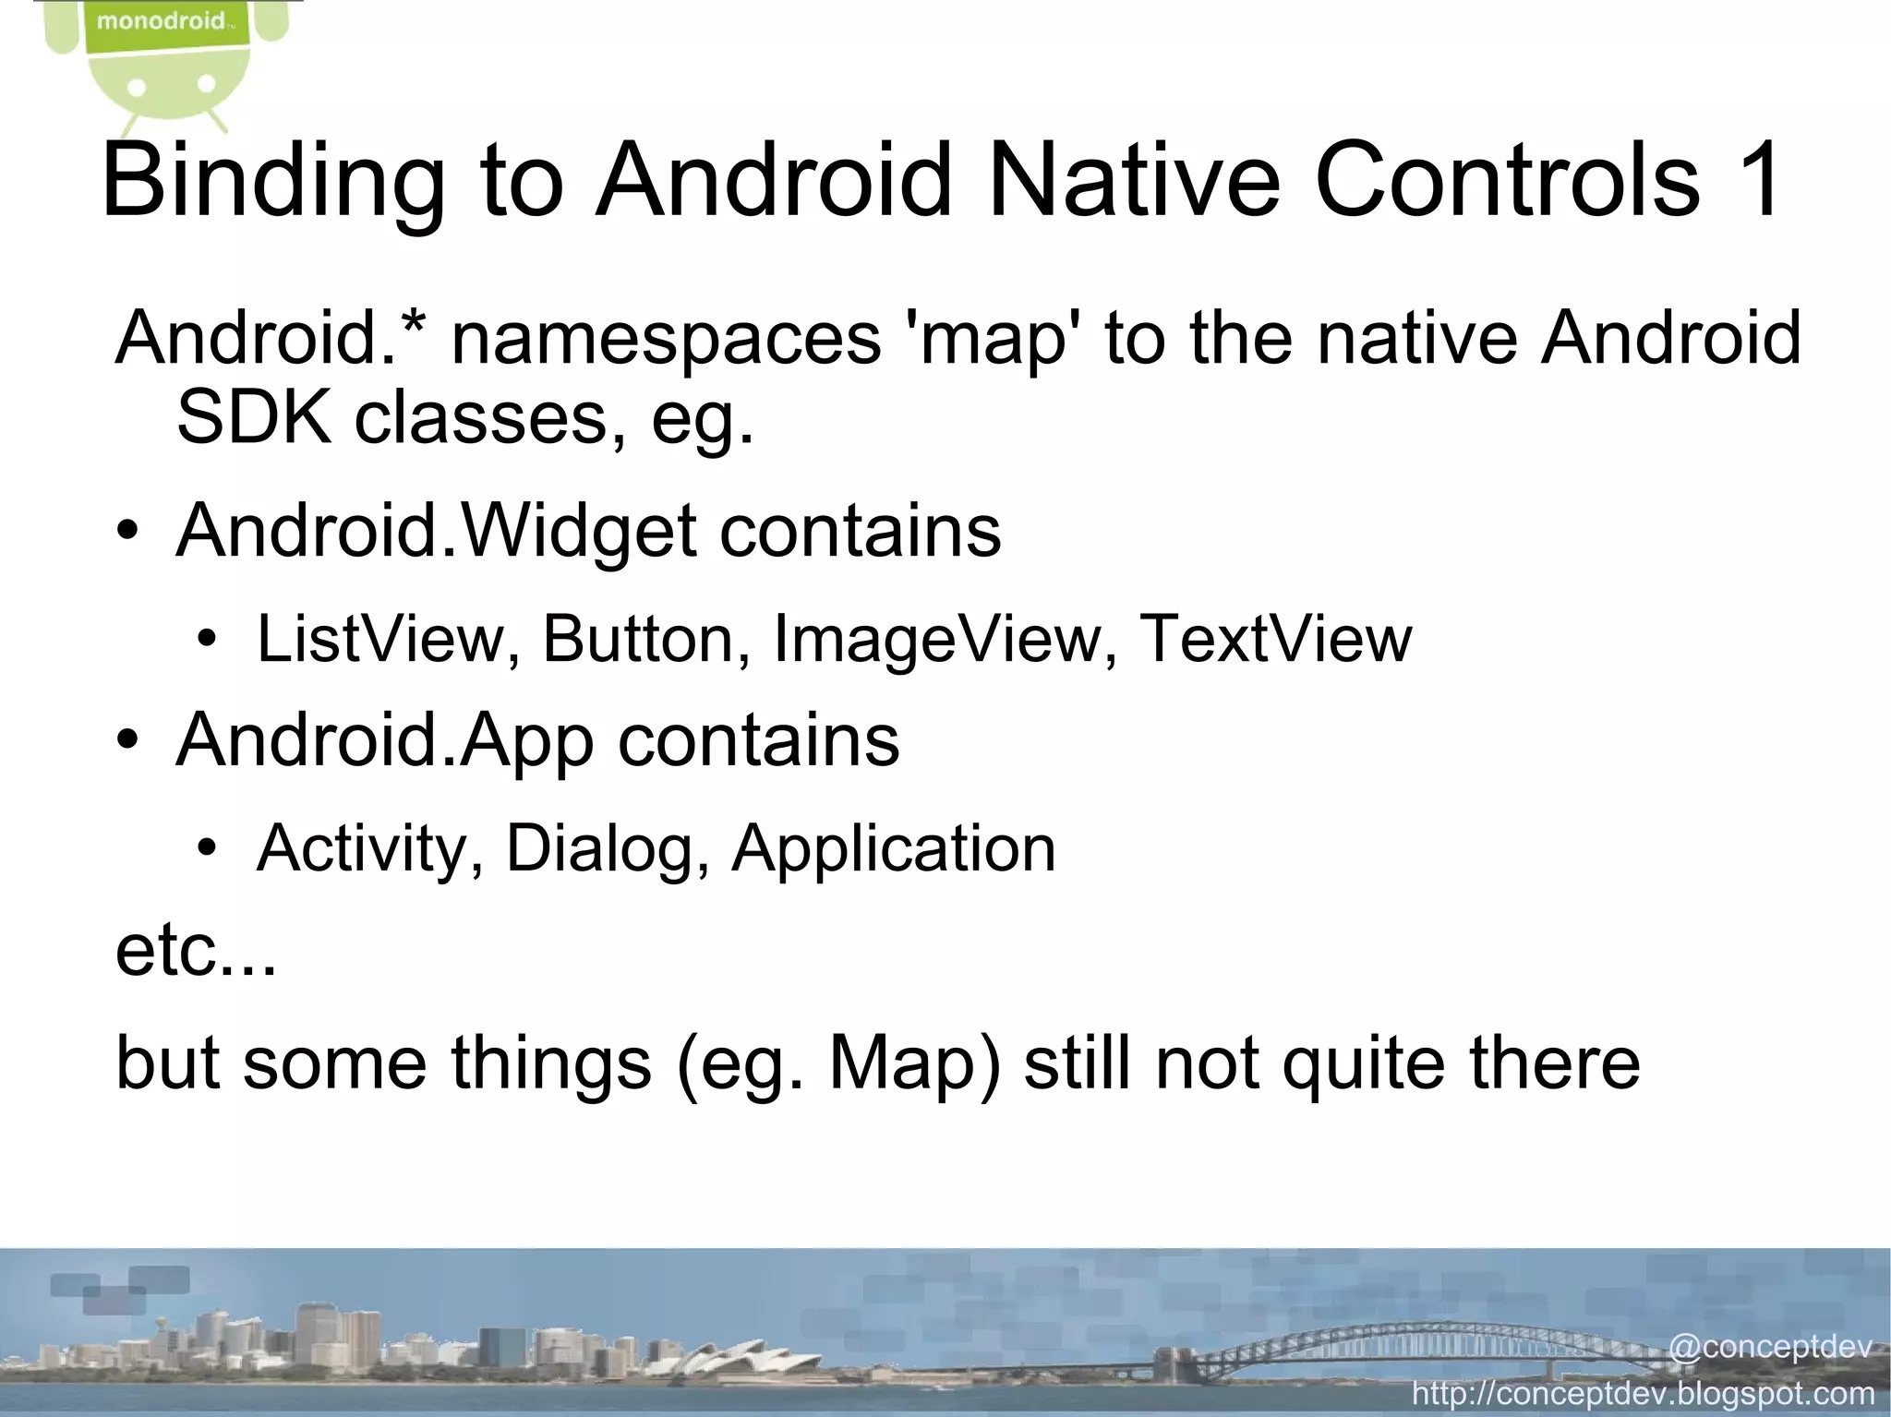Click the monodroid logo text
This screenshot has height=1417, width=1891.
point(161,21)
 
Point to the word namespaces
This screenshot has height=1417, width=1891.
point(666,338)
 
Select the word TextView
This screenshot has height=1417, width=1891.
point(1275,639)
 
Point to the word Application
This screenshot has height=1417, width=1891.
point(893,849)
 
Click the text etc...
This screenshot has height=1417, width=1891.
point(195,953)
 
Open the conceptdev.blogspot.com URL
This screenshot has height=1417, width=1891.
point(1644,1393)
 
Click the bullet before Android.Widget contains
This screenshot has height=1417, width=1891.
point(128,534)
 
